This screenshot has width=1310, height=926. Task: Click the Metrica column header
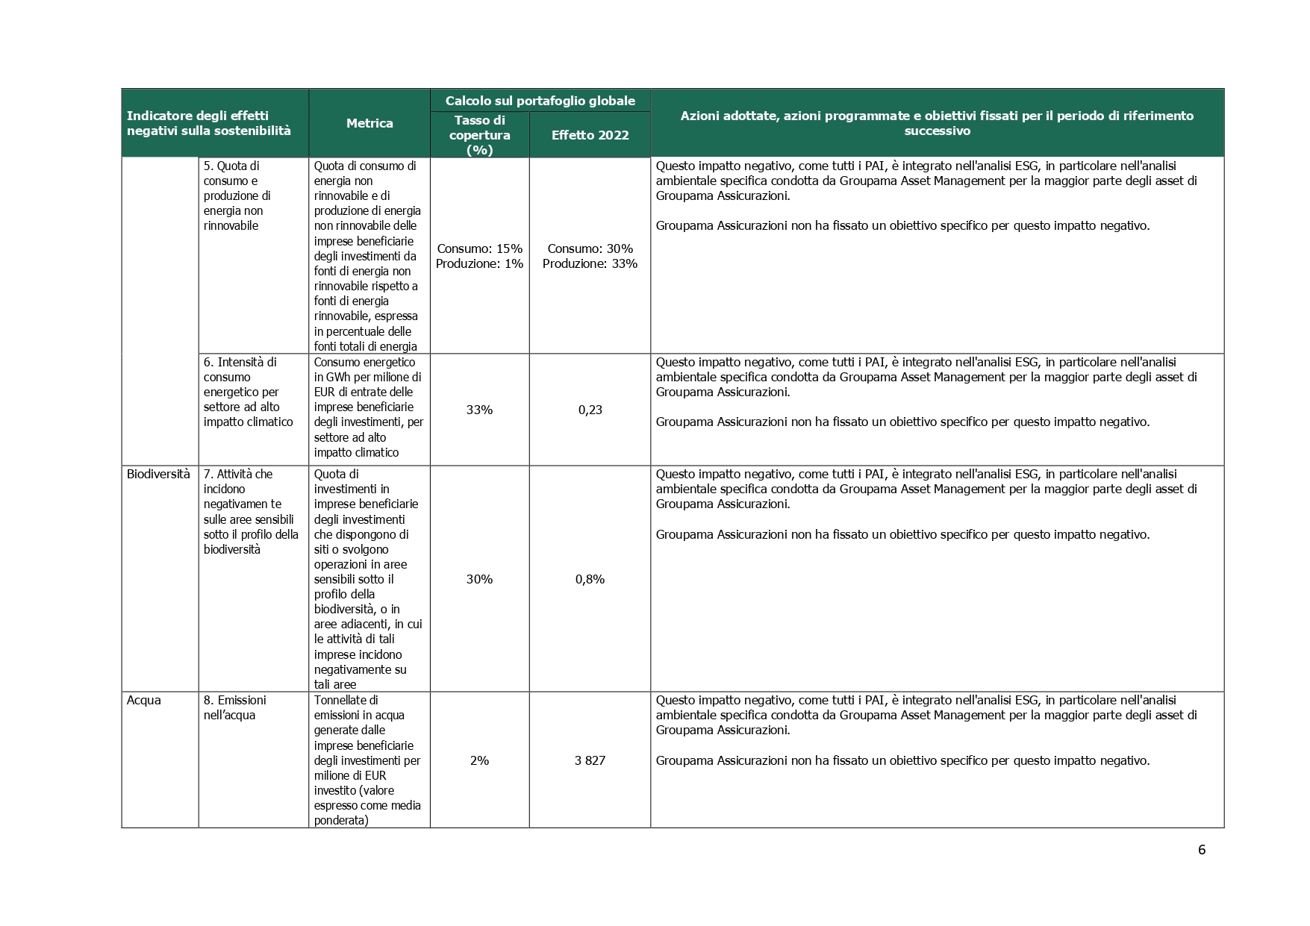click(x=369, y=124)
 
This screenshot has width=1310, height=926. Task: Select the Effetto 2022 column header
click(x=590, y=135)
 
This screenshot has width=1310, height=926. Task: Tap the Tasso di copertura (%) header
click(x=479, y=135)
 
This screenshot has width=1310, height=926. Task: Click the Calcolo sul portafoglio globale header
click(x=540, y=101)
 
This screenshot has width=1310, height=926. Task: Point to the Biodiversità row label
click(x=158, y=474)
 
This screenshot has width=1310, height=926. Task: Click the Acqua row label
click(x=144, y=700)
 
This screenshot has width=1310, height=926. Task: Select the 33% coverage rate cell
click(x=479, y=410)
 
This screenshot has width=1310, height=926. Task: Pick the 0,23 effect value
click(x=590, y=410)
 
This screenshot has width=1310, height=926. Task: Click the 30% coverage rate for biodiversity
click(x=479, y=579)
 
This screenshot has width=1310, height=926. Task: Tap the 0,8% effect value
click(x=590, y=579)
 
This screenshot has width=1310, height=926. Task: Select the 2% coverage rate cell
click(x=479, y=760)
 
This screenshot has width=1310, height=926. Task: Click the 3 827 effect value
click(x=590, y=760)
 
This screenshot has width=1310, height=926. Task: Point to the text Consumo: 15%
click(x=479, y=248)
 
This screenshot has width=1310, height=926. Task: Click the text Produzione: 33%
click(x=590, y=263)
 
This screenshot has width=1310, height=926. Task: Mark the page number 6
click(x=1201, y=850)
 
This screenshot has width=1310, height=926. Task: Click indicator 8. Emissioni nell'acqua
click(x=234, y=707)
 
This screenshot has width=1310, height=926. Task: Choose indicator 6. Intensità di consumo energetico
click(x=248, y=392)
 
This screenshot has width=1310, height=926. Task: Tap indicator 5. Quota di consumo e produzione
click(x=237, y=195)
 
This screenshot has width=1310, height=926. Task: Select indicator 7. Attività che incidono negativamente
click(x=251, y=511)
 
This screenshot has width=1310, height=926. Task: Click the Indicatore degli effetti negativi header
click(x=208, y=123)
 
